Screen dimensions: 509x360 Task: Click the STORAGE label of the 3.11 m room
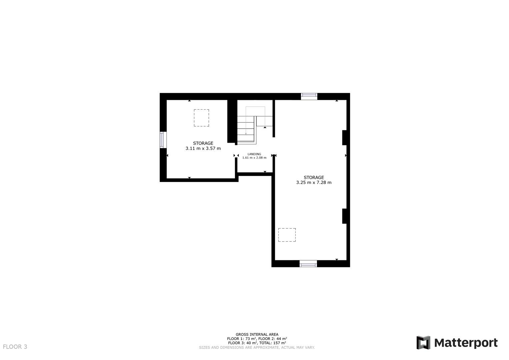[203, 143]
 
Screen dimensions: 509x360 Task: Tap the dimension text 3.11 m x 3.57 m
[203, 148]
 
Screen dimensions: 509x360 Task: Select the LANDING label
[254, 154]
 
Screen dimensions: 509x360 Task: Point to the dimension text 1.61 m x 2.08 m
[254, 157]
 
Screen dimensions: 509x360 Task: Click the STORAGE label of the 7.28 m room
[314, 177]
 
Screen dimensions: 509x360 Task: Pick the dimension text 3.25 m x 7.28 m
[314, 182]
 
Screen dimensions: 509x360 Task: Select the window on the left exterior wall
[162, 140]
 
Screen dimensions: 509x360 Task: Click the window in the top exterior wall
[309, 96]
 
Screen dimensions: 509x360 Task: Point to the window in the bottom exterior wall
[308, 264]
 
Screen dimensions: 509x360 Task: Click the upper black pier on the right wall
[344, 137]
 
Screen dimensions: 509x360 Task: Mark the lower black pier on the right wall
[344, 216]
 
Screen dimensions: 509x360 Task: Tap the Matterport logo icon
[423, 343]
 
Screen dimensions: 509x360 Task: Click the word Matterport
[466, 343]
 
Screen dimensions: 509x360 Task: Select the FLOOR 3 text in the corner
[15, 347]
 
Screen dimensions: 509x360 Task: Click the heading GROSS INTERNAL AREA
[257, 334]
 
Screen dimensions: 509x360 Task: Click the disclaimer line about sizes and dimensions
[257, 347]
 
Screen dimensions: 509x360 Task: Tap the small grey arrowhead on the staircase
[246, 134]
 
